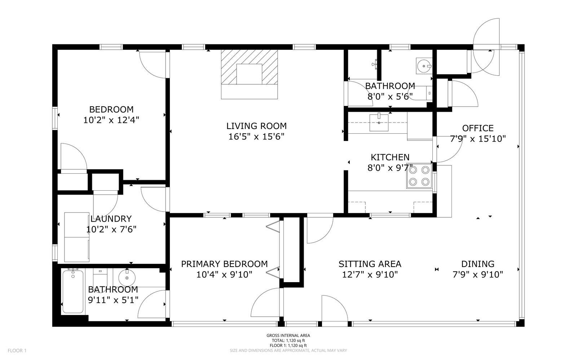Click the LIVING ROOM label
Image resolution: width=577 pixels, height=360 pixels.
pos(256,126)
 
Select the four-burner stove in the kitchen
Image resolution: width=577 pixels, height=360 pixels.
pos(419,177)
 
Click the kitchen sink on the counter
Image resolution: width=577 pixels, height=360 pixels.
pos(379,122)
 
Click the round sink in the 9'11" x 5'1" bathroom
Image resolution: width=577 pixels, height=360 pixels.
pos(127,278)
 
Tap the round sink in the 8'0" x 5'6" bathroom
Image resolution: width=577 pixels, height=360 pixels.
pos(423,66)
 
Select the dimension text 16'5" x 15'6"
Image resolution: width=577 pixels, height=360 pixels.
pos(256,137)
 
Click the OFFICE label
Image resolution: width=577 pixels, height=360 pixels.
pos(478,128)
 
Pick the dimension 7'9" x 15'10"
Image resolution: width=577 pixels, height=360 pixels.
pos(478,138)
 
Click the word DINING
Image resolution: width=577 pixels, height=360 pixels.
pos(478,264)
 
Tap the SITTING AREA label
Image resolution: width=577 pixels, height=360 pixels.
pos(370,264)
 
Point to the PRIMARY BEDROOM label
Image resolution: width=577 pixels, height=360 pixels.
pos(224,264)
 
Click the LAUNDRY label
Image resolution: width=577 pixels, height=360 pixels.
pos(111,219)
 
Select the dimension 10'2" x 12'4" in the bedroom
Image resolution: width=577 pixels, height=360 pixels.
pos(111,120)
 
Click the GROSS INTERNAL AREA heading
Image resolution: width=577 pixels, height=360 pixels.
pos(288,335)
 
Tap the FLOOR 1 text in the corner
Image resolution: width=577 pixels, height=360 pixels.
pos(17,351)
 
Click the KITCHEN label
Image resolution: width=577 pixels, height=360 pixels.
pos(390,157)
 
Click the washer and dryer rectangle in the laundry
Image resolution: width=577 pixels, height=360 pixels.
pos(77,237)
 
